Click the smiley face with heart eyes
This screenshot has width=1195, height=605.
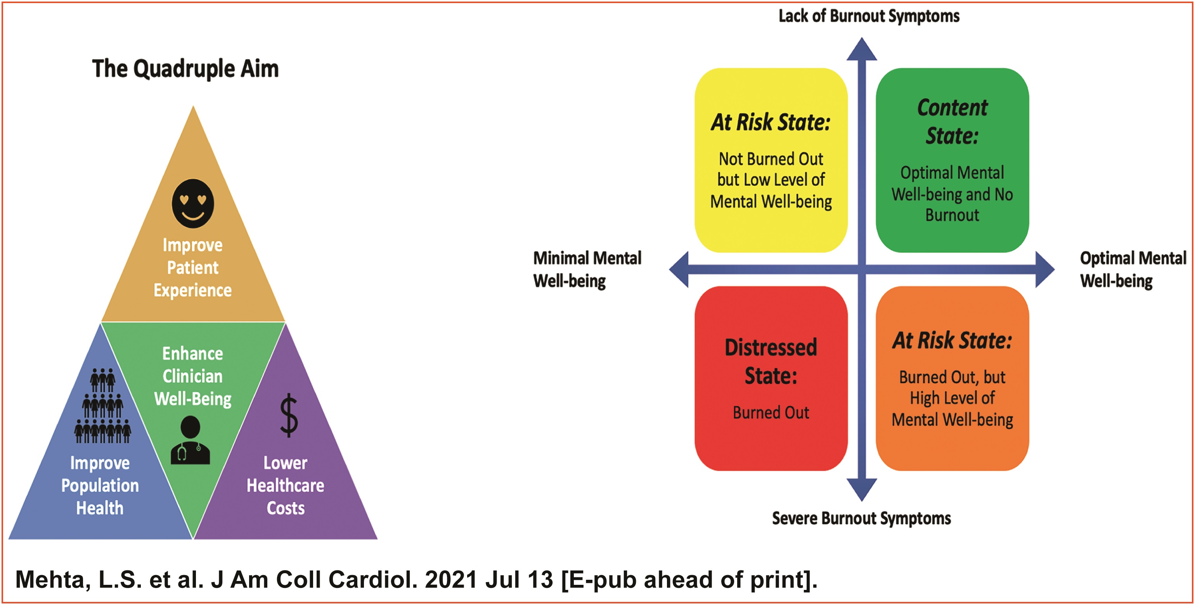[x=193, y=203]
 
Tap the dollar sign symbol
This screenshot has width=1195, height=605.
[x=289, y=415]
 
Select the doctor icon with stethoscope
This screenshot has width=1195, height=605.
[x=190, y=440]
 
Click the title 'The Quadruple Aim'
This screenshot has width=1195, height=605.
[x=185, y=69]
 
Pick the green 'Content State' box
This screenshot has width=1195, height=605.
[x=952, y=160]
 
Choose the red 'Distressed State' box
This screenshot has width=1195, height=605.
[x=771, y=378]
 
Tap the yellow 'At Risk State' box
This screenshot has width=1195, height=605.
[x=771, y=160]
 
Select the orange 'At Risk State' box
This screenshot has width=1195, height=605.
[x=952, y=378]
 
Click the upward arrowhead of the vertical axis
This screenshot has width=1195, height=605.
[x=861, y=50]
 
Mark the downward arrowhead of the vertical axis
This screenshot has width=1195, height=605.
[x=861, y=489]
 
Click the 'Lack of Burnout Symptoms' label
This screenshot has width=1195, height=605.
[x=868, y=16]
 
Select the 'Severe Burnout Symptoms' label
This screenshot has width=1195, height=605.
[x=861, y=518]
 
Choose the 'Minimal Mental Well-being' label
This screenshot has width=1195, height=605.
[x=587, y=269]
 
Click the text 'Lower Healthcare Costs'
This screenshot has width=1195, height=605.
[x=285, y=485]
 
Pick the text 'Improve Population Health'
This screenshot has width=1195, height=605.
[x=100, y=485]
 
